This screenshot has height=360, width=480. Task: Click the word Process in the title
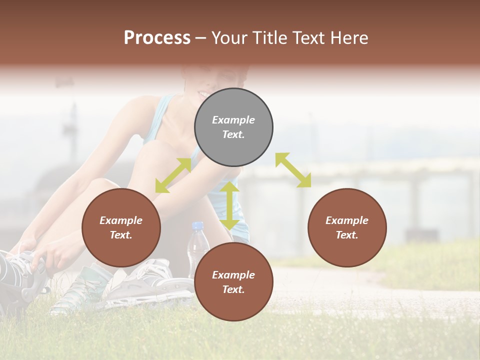pos(157,38)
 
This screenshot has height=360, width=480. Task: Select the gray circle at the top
pos(233,127)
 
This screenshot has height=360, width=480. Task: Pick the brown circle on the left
pos(121,228)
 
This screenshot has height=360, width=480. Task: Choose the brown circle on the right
pos(347,228)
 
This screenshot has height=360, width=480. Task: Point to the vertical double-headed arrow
pos(229,205)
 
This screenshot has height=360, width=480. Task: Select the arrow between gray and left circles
pos(173,175)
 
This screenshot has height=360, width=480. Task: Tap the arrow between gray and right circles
pos(293,170)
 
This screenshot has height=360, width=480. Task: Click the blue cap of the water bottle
pos(198,226)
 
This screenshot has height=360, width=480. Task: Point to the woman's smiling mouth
pos(204,94)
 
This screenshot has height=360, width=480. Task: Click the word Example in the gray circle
pos(233,120)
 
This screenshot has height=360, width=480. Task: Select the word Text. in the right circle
pos(347,235)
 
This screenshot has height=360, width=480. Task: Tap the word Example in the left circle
pos(121,220)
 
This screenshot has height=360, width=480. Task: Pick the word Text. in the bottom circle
pos(233,289)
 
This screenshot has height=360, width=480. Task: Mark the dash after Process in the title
pos(200,38)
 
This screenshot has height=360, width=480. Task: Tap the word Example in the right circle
pos(347,220)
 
